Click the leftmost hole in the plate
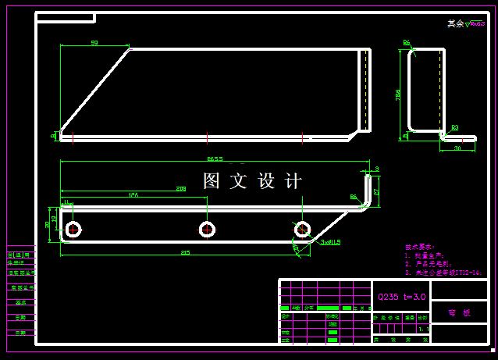click(74, 229)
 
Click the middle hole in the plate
click(207, 229)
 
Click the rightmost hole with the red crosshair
click(302, 229)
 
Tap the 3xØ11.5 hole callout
click(330, 242)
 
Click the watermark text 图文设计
click(252, 181)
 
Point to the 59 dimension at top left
click(94, 43)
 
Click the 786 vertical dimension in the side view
click(398, 94)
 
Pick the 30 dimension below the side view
click(457, 148)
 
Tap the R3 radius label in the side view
click(454, 127)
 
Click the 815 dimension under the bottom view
click(185, 252)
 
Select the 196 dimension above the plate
click(133, 195)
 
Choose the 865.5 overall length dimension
click(215, 159)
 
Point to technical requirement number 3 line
click(442, 273)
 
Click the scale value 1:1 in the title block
click(423, 329)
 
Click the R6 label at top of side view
click(407, 43)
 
